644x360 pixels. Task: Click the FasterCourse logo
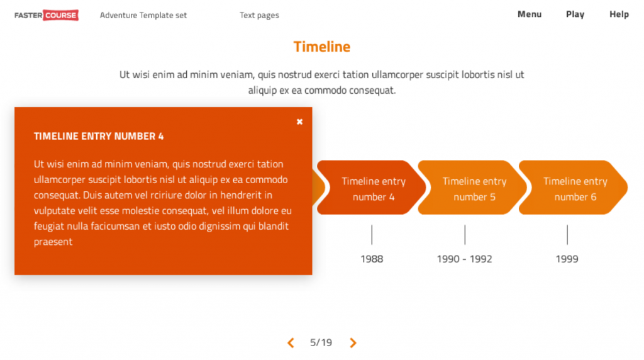coord(47,15)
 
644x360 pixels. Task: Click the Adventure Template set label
coord(143,15)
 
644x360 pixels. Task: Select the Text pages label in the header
coord(259,15)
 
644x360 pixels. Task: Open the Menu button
coord(530,14)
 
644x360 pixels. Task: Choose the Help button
coord(619,14)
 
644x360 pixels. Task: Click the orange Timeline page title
coord(321,47)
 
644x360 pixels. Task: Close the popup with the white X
coord(299,121)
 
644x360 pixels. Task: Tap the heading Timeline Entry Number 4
coord(99,137)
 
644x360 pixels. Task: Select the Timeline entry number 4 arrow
coord(372,188)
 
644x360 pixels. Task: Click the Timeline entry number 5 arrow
coord(472,188)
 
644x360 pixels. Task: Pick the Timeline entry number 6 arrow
coord(574,188)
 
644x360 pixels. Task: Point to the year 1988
coord(372,259)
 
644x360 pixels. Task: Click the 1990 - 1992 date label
coord(465,259)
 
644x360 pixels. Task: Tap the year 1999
coord(567,259)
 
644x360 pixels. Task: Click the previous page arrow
coord(291,343)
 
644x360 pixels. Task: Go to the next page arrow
coord(353,343)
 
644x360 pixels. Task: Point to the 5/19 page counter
coord(321,342)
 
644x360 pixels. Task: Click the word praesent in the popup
coord(53,242)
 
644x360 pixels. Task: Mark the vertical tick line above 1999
coord(567,235)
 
